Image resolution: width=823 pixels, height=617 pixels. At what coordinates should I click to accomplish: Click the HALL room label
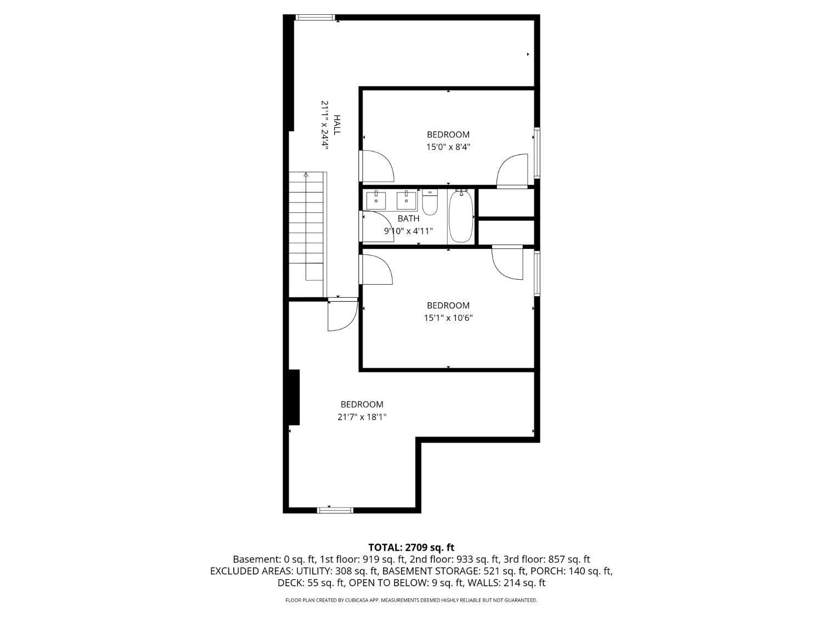coord(337,125)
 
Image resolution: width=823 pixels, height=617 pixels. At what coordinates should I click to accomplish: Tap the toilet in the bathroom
coord(430,202)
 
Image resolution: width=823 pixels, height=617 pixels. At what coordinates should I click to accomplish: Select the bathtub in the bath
coord(461,216)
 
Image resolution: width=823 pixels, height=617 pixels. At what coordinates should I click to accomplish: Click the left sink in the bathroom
coord(376,200)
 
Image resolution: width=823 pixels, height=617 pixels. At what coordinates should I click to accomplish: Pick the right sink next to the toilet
coord(407,200)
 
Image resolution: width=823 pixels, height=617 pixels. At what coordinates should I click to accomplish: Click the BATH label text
coord(408,218)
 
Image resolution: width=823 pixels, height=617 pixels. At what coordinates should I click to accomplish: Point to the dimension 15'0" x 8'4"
coord(448,147)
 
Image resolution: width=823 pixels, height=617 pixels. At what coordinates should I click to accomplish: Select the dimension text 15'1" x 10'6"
coord(448,318)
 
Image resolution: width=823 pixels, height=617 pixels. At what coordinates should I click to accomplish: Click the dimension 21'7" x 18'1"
coord(362,417)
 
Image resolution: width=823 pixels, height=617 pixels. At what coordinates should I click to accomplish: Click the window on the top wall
coord(315,17)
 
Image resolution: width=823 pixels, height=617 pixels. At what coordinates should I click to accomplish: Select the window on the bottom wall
coord(335,510)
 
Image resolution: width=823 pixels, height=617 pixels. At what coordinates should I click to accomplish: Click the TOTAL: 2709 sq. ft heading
coord(411,548)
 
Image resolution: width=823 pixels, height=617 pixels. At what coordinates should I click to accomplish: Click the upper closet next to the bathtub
coord(506,203)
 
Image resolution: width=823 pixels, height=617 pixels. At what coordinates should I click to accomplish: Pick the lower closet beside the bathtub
coord(506,233)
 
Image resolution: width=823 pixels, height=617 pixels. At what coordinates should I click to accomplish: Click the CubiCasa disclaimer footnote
coord(411,600)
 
